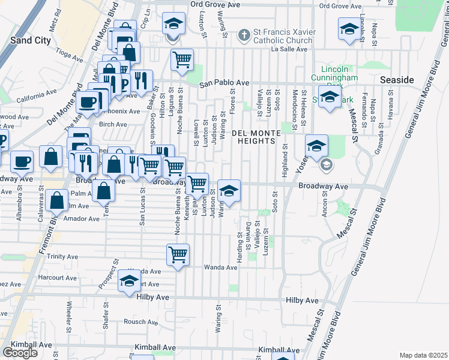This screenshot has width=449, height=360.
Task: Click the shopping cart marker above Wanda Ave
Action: pyautogui.click(x=178, y=255)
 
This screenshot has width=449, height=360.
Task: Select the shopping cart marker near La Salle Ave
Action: pyautogui.click(x=182, y=59)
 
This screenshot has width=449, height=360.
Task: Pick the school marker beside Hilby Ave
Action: pyautogui.click(x=128, y=281)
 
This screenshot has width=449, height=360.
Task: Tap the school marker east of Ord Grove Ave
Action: pyautogui.click(x=349, y=29)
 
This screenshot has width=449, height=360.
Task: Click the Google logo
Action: pyautogui.click(x=20, y=353)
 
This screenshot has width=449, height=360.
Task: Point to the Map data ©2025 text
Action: pyautogui.click(x=423, y=355)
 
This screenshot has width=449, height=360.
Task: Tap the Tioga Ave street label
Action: pyautogui.click(x=70, y=53)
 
